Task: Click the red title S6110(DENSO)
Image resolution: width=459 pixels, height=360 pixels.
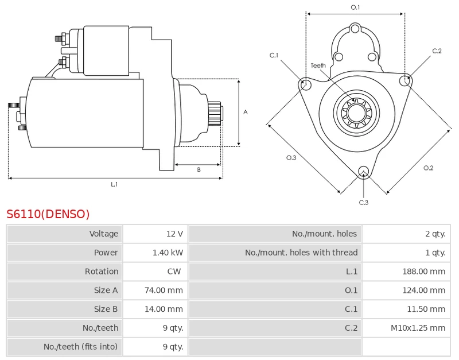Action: pyautogui.click(x=48, y=214)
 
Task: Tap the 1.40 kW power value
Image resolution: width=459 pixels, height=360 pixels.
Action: pyautogui.click(x=168, y=253)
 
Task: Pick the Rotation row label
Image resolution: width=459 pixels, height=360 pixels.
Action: pyautogui.click(x=102, y=271)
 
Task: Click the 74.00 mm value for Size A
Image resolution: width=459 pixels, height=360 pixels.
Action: pyautogui.click(x=164, y=290)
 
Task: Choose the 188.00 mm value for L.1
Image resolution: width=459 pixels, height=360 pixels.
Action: pyautogui.click(x=424, y=271)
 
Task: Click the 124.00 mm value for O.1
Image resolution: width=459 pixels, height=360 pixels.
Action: pyautogui.click(x=424, y=290)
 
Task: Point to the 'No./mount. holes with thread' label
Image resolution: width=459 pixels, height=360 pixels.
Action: pyautogui.click(x=301, y=253)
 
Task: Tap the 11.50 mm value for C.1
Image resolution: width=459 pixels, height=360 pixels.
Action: pyautogui.click(x=426, y=309)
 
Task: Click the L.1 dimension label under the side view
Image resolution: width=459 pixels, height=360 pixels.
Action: pyautogui.click(x=114, y=184)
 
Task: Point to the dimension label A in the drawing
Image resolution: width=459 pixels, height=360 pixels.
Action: pyautogui.click(x=246, y=112)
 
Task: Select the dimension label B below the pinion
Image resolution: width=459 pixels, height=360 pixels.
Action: pyautogui.click(x=199, y=169)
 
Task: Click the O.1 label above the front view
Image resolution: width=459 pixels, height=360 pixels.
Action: pyautogui.click(x=355, y=7)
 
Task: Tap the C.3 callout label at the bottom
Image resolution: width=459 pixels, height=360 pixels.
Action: pyautogui.click(x=364, y=203)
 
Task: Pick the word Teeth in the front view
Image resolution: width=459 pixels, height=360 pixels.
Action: pyautogui.click(x=318, y=65)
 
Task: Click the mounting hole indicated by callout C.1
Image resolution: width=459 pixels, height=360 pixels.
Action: pyautogui.click(x=306, y=83)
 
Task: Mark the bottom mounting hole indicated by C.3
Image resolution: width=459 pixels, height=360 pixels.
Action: pyautogui.click(x=364, y=171)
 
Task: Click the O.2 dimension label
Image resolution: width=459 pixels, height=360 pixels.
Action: pyautogui.click(x=428, y=168)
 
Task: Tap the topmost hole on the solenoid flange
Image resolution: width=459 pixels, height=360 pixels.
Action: pyautogui.click(x=355, y=29)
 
